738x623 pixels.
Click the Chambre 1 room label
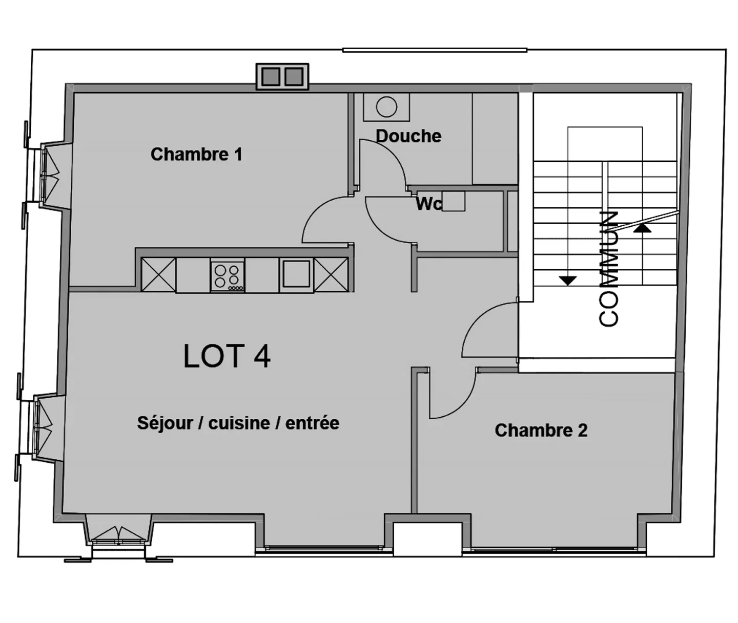196,154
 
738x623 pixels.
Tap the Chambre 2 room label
541,430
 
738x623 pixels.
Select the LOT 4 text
227,356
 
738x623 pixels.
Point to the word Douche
408,136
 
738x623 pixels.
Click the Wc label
428,204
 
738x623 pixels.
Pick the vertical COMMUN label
609,268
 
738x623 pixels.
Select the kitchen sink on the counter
296,274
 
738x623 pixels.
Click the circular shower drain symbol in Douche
386,107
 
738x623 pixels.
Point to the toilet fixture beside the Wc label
454,201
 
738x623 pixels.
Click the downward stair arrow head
568,281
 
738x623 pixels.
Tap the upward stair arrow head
642,228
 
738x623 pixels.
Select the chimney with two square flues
282,77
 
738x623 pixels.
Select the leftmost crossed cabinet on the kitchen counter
158,275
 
